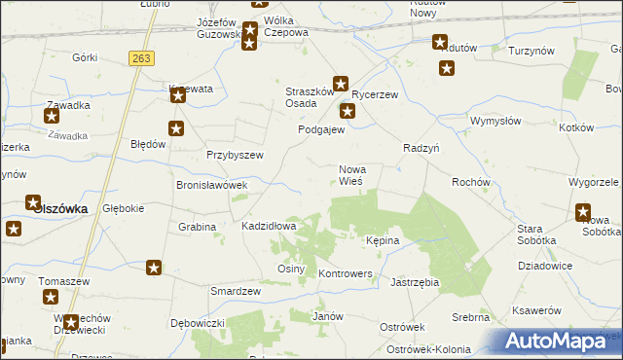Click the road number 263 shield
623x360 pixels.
(x=141, y=58)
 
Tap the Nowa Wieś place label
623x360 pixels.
(x=351, y=175)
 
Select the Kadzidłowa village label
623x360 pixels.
(x=269, y=226)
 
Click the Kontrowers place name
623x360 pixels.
(x=346, y=273)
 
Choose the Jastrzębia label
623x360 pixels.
(x=415, y=282)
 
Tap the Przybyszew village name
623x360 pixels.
(x=236, y=155)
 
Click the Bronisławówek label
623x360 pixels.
(x=211, y=184)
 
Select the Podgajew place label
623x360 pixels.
(x=321, y=129)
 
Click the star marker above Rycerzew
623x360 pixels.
(x=341, y=84)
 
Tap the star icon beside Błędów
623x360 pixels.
(x=176, y=127)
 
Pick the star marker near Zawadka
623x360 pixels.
(x=52, y=116)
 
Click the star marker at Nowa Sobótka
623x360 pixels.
(x=583, y=211)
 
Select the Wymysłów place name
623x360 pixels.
(x=496, y=121)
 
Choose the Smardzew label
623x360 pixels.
(x=236, y=291)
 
